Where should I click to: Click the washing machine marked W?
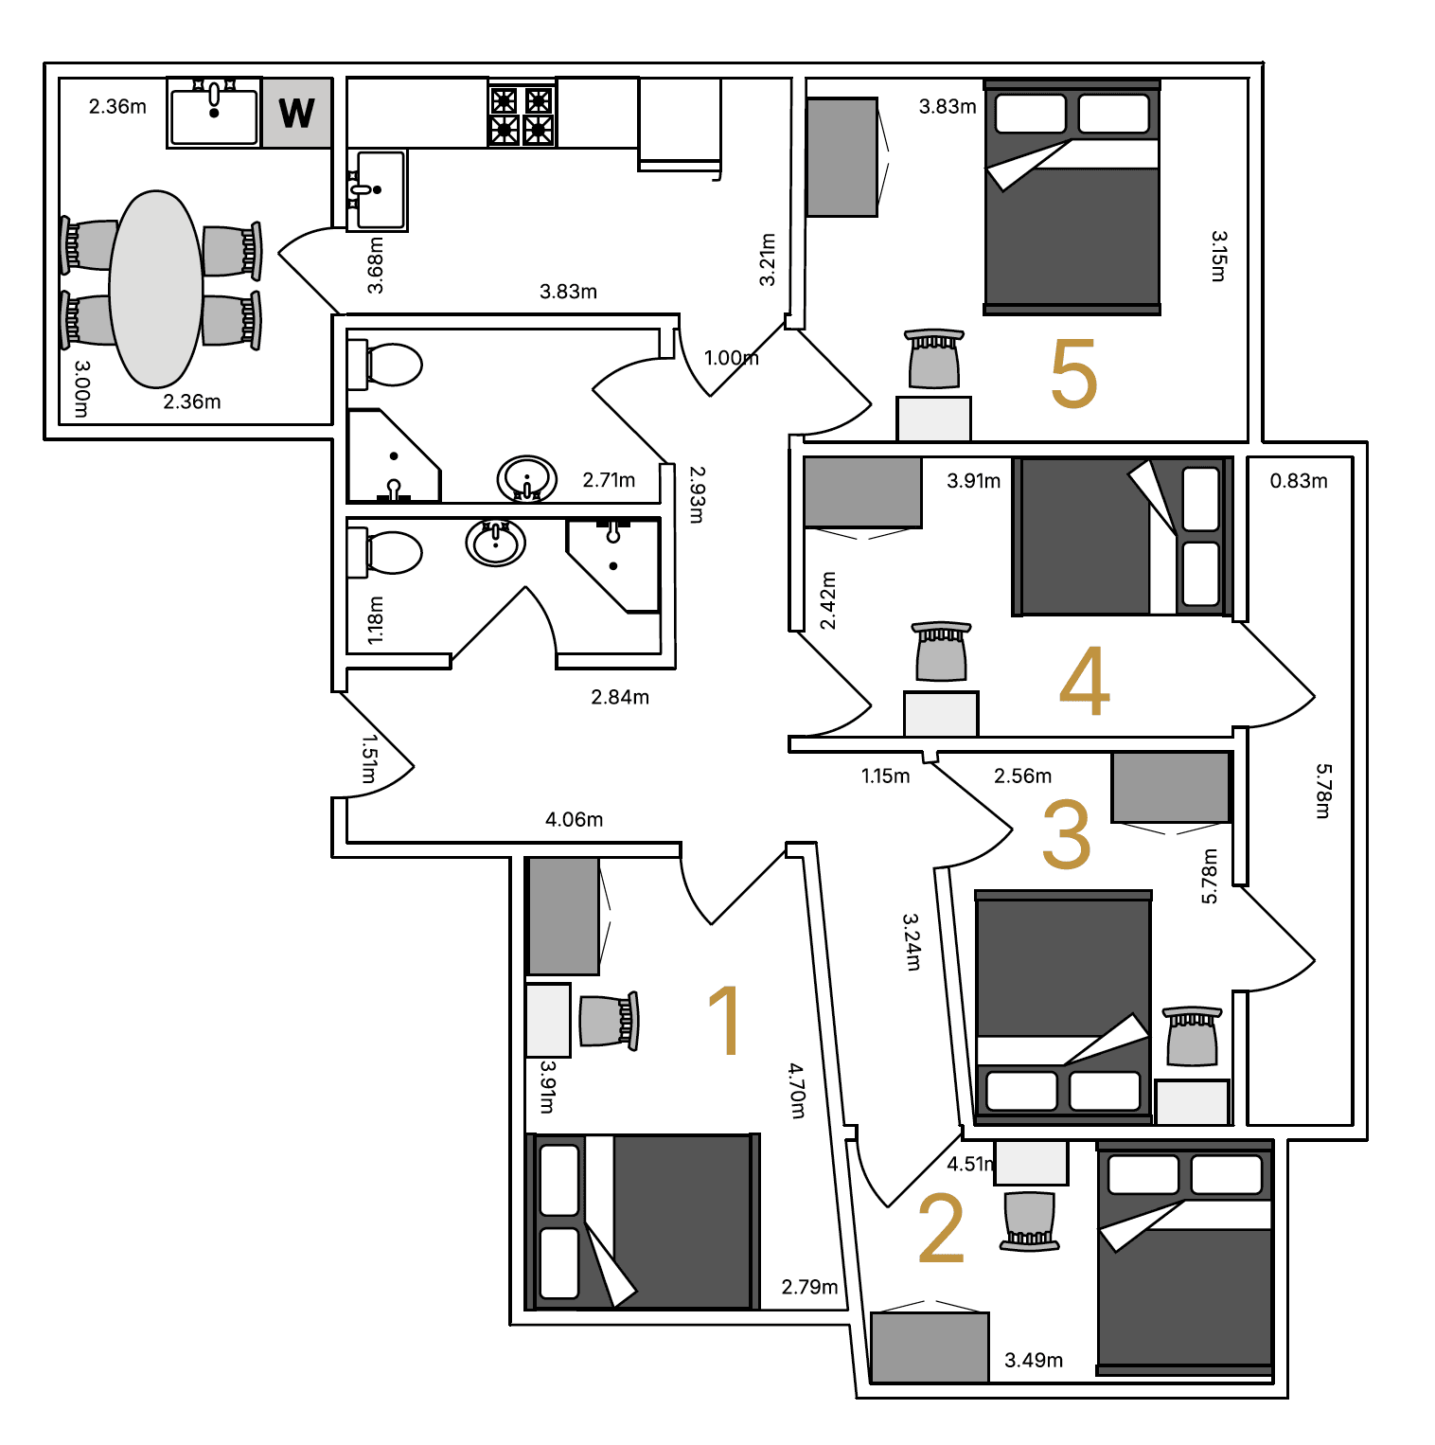[x=296, y=113]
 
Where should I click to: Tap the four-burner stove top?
[x=521, y=115]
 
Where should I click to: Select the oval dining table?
[x=156, y=289]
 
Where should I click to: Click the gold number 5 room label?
[x=1073, y=374]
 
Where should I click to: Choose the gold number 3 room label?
[x=1067, y=833]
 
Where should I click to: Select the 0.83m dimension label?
[x=1299, y=481]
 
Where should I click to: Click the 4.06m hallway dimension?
[x=574, y=819]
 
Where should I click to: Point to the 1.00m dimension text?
[x=731, y=358]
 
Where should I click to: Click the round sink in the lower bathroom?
[x=495, y=543]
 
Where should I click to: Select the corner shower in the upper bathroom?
[x=394, y=455]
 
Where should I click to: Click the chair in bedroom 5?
[x=934, y=359]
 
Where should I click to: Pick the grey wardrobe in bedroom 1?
[x=563, y=916]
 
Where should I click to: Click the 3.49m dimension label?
[x=1034, y=1361]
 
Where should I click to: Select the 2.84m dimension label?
[x=620, y=697]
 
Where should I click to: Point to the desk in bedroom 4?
[x=941, y=714]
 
